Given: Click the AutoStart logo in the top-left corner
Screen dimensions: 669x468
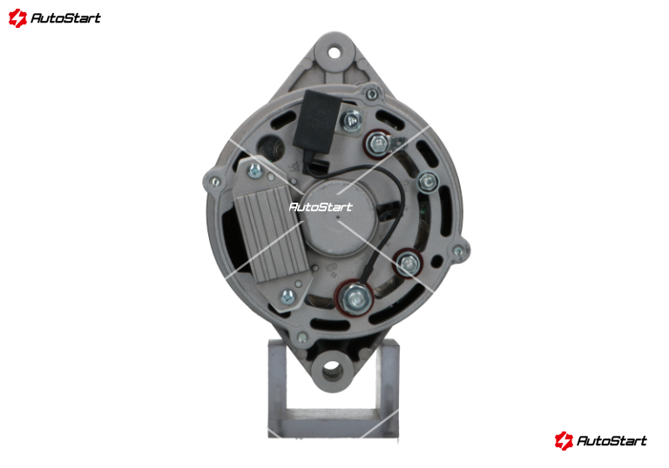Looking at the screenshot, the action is tap(55, 18).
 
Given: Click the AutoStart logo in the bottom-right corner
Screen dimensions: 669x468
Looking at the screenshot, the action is tap(601, 440).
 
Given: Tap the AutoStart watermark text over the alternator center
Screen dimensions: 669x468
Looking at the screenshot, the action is tap(321, 207).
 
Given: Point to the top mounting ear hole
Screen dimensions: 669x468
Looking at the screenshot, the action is tap(334, 53).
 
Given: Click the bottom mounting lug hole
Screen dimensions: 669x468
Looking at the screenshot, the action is tap(333, 371).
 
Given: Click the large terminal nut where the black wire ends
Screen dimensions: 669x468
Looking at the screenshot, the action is tap(355, 298).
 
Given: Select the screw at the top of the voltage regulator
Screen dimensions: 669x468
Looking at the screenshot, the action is tap(254, 170).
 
